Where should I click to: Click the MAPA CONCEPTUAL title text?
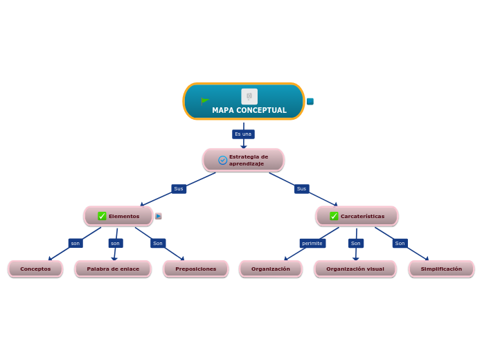point(249,111)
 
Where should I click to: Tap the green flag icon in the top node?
point(205,101)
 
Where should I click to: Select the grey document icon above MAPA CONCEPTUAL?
point(249,96)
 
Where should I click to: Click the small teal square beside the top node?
point(310,102)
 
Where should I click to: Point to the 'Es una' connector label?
point(243,134)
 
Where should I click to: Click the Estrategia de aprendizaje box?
point(244,160)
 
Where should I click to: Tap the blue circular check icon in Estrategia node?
point(223,160)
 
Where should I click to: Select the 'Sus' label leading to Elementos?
point(179,189)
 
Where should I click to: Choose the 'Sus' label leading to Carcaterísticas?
point(301,189)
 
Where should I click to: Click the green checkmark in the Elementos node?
point(102,216)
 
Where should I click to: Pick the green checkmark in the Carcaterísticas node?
point(334,216)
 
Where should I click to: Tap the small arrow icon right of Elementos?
point(159,216)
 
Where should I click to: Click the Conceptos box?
point(35,269)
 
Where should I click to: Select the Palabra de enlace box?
point(113,269)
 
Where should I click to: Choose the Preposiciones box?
point(195,269)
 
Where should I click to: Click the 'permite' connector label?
point(312,244)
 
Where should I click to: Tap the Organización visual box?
point(355,269)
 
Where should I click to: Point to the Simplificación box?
point(441,269)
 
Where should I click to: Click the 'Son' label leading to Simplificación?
point(400,244)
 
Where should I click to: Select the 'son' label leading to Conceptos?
point(75,244)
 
